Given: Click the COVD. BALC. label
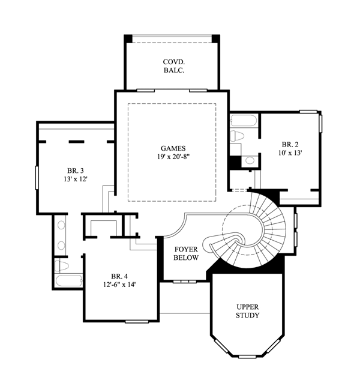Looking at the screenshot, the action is tap(174, 66).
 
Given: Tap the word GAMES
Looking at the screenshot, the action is tap(173, 148).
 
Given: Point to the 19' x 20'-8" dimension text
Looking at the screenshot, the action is tap(174, 157).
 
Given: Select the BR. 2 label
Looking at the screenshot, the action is tap(290, 144).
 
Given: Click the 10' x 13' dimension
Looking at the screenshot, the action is tap(290, 153).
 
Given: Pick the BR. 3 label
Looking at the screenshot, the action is tap(76, 170).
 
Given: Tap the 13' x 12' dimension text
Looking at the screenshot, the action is tap(76, 179).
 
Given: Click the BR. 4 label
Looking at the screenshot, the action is tap(119, 276).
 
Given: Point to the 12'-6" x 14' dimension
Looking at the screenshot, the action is tap(119, 285).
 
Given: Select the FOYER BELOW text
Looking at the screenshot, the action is tap(186, 253).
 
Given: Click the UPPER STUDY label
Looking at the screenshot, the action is tap(248, 311).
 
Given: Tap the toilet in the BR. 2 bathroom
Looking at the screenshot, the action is tap(237, 136).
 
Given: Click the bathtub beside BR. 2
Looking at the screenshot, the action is tap(244, 121).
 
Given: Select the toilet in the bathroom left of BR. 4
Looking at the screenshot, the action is tap(62, 266).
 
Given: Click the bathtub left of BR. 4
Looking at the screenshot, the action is tap(68, 280).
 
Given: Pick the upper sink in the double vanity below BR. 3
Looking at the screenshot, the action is tap(61, 225).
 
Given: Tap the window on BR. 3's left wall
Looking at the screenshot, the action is tap(37, 178).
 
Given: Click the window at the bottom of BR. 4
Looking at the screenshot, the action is tap(137, 322).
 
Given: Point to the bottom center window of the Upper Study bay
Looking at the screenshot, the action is tap(247, 357).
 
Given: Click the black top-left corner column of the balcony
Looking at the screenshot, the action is tap(128, 38).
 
